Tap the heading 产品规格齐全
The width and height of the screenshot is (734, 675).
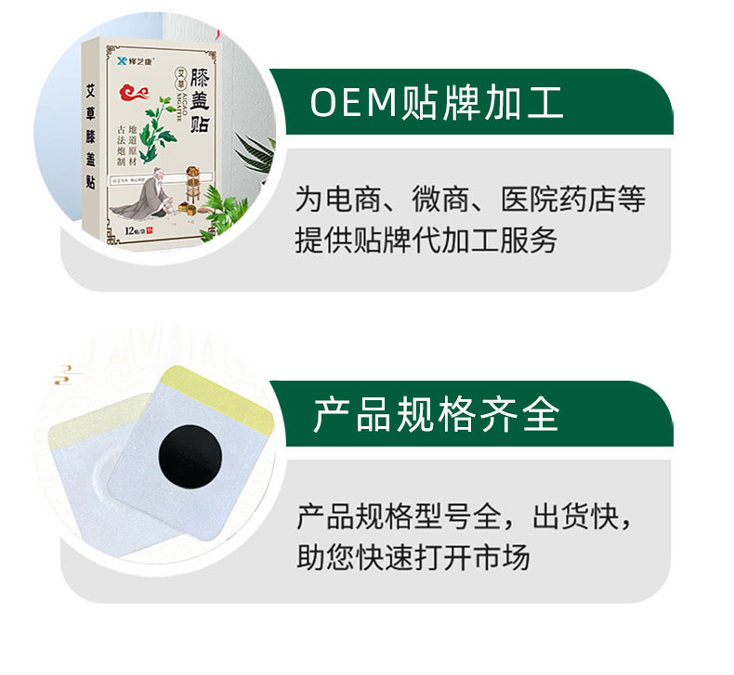[x=436, y=415]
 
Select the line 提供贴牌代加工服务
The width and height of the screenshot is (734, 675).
[x=426, y=240]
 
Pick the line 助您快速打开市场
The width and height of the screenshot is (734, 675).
[x=413, y=557]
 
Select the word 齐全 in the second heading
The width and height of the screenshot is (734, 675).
[x=529, y=415]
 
